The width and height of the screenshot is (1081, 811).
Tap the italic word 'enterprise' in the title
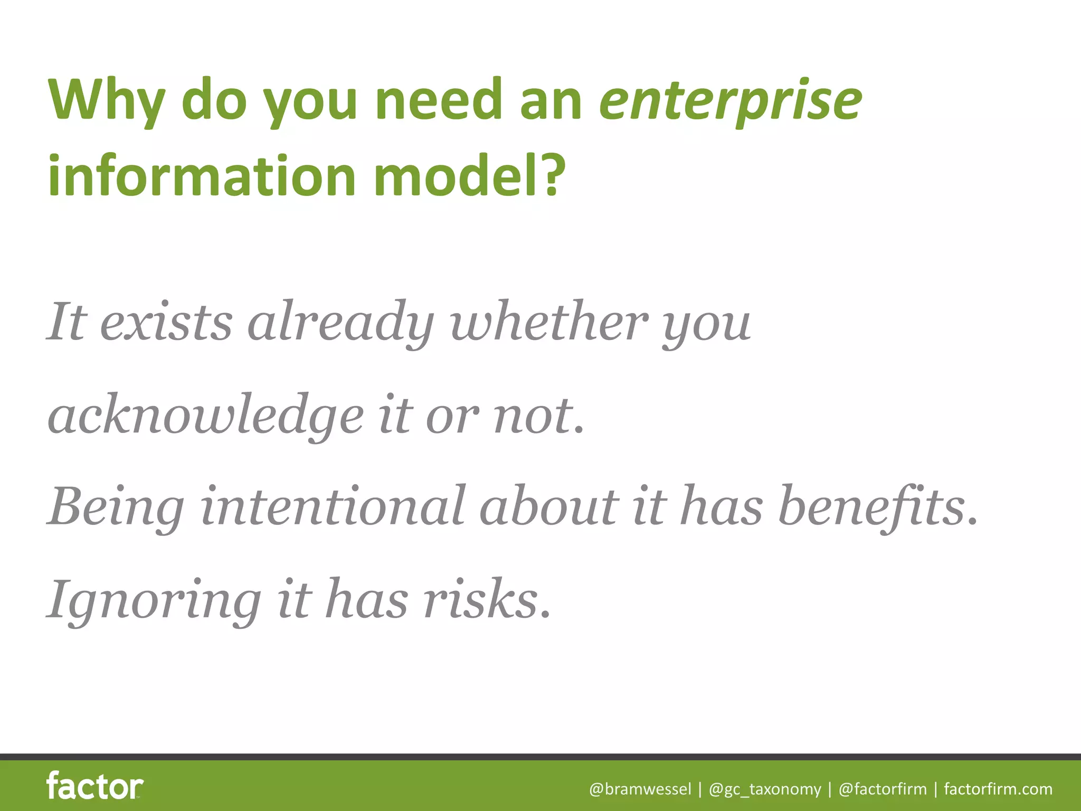tap(730, 100)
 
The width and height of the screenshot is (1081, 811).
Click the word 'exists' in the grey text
tap(166, 322)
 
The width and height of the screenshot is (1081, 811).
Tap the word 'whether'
tap(549, 322)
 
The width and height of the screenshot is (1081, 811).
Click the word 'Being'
tap(117, 507)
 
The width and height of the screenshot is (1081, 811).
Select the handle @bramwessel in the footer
tap(640, 789)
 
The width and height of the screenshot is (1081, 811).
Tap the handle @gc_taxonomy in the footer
tap(765, 789)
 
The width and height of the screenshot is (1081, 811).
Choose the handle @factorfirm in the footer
tap(883, 789)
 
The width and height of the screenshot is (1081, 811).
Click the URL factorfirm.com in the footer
tap(998, 789)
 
